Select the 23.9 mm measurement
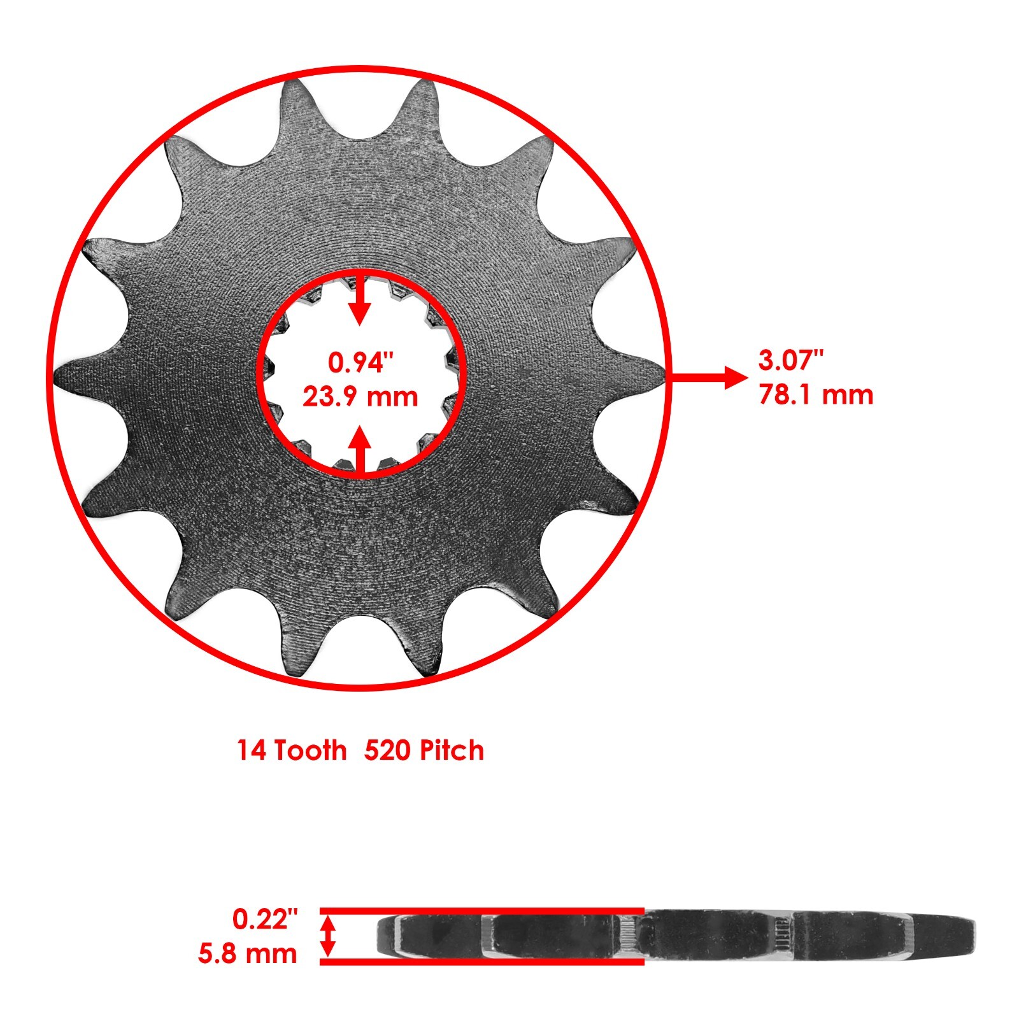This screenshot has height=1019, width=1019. pos(360,397)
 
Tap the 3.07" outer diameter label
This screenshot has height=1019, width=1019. pos(791,360)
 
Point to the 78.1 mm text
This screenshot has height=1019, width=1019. pos(816,395)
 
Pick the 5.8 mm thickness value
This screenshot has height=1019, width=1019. pos(248,954)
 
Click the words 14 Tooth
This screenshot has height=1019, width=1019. pos(292,750)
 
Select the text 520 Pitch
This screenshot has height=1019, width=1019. pos(424,750)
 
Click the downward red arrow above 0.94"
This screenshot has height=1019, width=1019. pos(360,299)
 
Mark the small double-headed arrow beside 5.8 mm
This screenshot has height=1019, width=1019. pos(327,936)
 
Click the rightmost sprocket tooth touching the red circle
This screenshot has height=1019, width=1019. pos(659,376)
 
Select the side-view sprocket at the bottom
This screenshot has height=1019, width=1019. pos(675,935)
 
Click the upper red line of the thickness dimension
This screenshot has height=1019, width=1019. pos(481,910)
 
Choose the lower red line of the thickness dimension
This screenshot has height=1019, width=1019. pos(481,962)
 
